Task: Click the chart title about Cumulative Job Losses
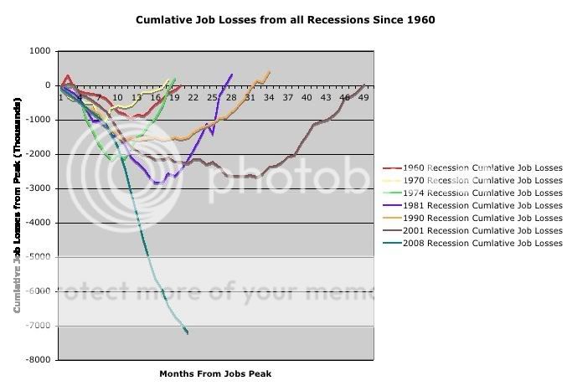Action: (286, 19)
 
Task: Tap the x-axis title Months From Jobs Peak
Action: (215, 373)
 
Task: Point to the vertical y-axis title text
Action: (17, 205)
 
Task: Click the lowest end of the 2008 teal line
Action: (187, 333)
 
